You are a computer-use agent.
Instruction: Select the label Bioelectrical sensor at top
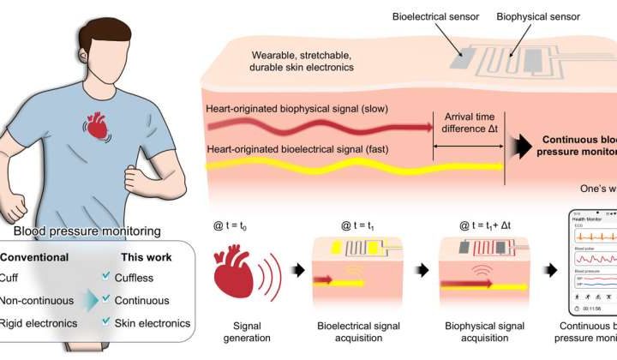408,17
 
